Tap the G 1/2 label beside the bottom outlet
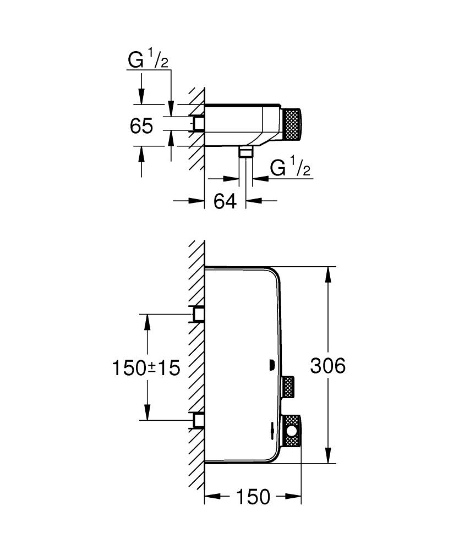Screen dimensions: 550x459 tap(291, 168)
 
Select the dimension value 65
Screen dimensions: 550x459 tap(141, 126)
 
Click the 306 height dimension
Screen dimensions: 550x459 tap(327, 366)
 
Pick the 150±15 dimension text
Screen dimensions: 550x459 tap(146, 367)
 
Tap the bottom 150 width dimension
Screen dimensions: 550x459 tap(254, 497)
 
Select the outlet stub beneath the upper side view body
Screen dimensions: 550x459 tap(245, 152)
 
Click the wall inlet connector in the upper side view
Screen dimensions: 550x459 tap(198, 124)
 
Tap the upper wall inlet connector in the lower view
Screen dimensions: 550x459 tap(198, 314)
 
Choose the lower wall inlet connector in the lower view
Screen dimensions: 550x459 tap(198, 421)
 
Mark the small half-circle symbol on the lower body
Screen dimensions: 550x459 tap(271, 364)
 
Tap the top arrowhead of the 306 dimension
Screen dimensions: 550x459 tap(329, 274)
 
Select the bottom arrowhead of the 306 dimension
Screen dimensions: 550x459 tap(329, 455)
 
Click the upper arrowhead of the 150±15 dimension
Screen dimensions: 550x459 tap(147, 322)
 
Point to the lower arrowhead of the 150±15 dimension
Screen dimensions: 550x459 tap(147, 413)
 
